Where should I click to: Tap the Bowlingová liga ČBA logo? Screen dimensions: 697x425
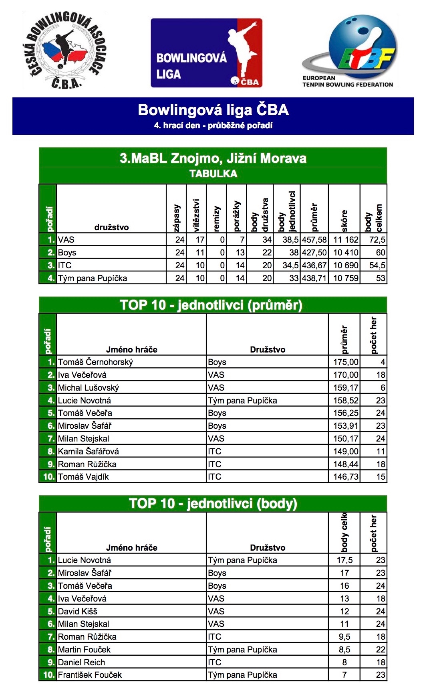pos(206,53)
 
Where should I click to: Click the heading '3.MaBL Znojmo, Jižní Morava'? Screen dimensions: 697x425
pos(213,158)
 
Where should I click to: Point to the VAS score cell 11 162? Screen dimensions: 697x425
pos(344,240)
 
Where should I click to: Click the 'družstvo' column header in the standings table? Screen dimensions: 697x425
pos(111,227)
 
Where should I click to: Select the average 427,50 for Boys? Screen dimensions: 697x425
pos(314,253)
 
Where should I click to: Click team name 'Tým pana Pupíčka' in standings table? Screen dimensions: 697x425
pos(93,278)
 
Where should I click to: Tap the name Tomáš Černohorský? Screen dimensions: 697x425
pos(95,362)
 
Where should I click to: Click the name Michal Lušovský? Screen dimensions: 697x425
pos(89,388)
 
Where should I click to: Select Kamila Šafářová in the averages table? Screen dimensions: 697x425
pos(89,452)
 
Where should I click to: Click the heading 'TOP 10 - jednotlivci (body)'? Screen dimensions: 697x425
pos(213,504)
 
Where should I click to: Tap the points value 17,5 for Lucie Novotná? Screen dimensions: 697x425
pos(344,560)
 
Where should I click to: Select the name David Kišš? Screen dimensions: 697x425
pos(78,612)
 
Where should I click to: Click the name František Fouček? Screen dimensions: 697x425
pos(90,675)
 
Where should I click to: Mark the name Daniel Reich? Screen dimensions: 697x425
pos(81,663)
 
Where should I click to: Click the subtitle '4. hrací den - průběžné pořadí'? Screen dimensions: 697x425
pos(213,126)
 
